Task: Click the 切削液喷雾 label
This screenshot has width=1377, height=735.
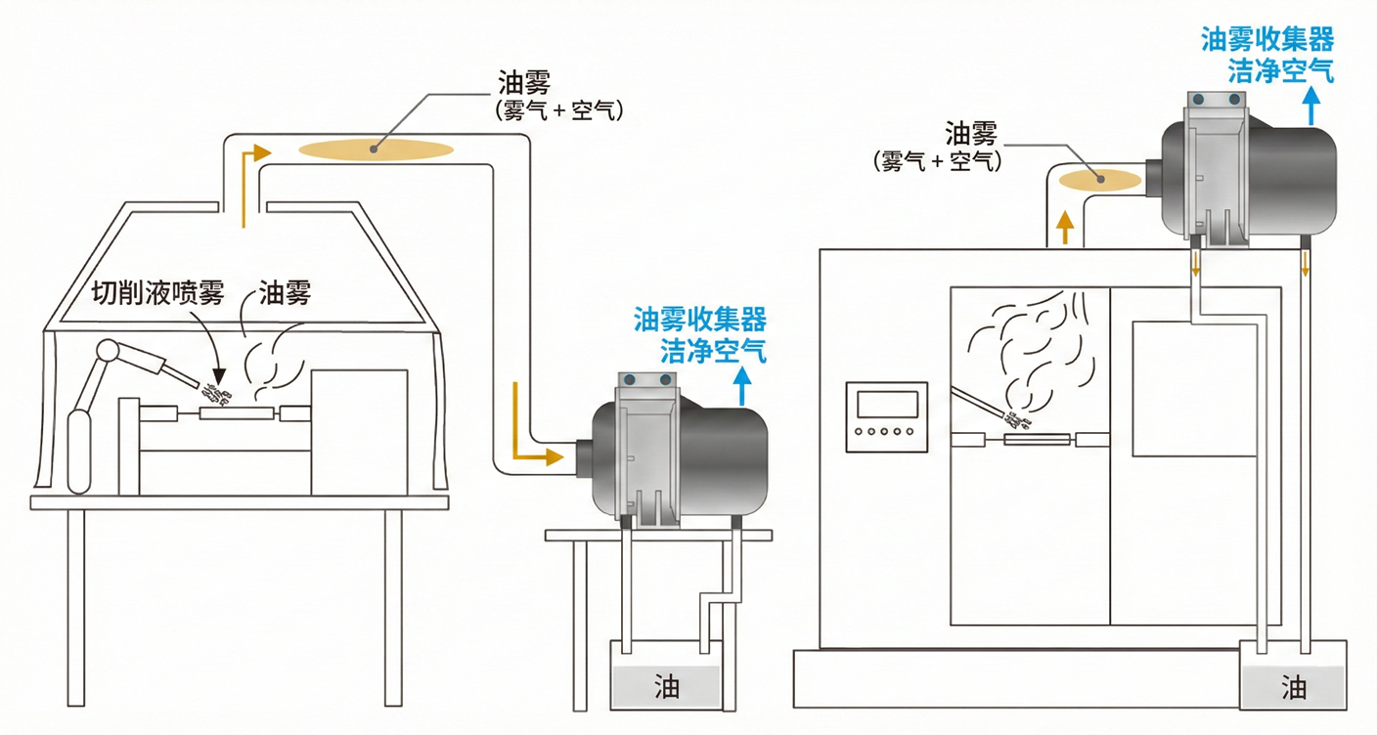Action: (158, 292)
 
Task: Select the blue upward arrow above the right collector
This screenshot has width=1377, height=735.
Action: (1312, 103)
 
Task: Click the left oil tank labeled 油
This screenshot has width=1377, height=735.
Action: (667, 686)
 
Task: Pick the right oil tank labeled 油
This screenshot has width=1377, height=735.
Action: (1294, 686)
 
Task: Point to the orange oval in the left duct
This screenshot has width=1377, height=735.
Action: (376, 149)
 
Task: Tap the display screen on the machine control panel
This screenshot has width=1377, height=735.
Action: (887, 404)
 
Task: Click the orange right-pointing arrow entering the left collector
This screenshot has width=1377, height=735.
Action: (539, 455)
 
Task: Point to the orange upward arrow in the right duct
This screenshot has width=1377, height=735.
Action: (1065, 231)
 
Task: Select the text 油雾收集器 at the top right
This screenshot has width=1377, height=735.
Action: (1267, 39)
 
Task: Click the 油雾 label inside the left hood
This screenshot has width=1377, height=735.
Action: (284, 292)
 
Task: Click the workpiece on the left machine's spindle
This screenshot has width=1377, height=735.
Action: (235, 413)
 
